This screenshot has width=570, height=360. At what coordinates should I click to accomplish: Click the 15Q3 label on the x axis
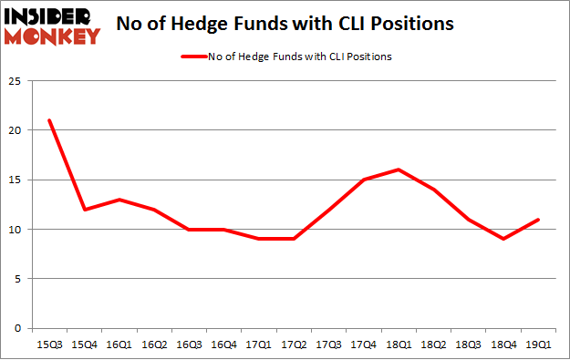(49, 345)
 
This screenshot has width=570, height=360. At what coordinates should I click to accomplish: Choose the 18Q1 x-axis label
(398, 345)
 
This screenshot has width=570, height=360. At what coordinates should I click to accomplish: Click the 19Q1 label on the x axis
(537, 345)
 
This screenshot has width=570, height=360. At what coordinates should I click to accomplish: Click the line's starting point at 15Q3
(49, 120)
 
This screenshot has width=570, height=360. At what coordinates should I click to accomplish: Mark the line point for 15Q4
(84, 210)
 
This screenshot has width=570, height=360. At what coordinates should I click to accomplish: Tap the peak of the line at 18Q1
(398, 170)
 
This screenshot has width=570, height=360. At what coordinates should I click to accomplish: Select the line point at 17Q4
(363, 180)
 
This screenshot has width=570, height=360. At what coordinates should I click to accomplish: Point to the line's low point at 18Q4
(503, 239)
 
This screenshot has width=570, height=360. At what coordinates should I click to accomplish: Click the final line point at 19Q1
(537, 220)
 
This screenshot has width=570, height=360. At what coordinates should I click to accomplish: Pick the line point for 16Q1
(119, 200)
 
